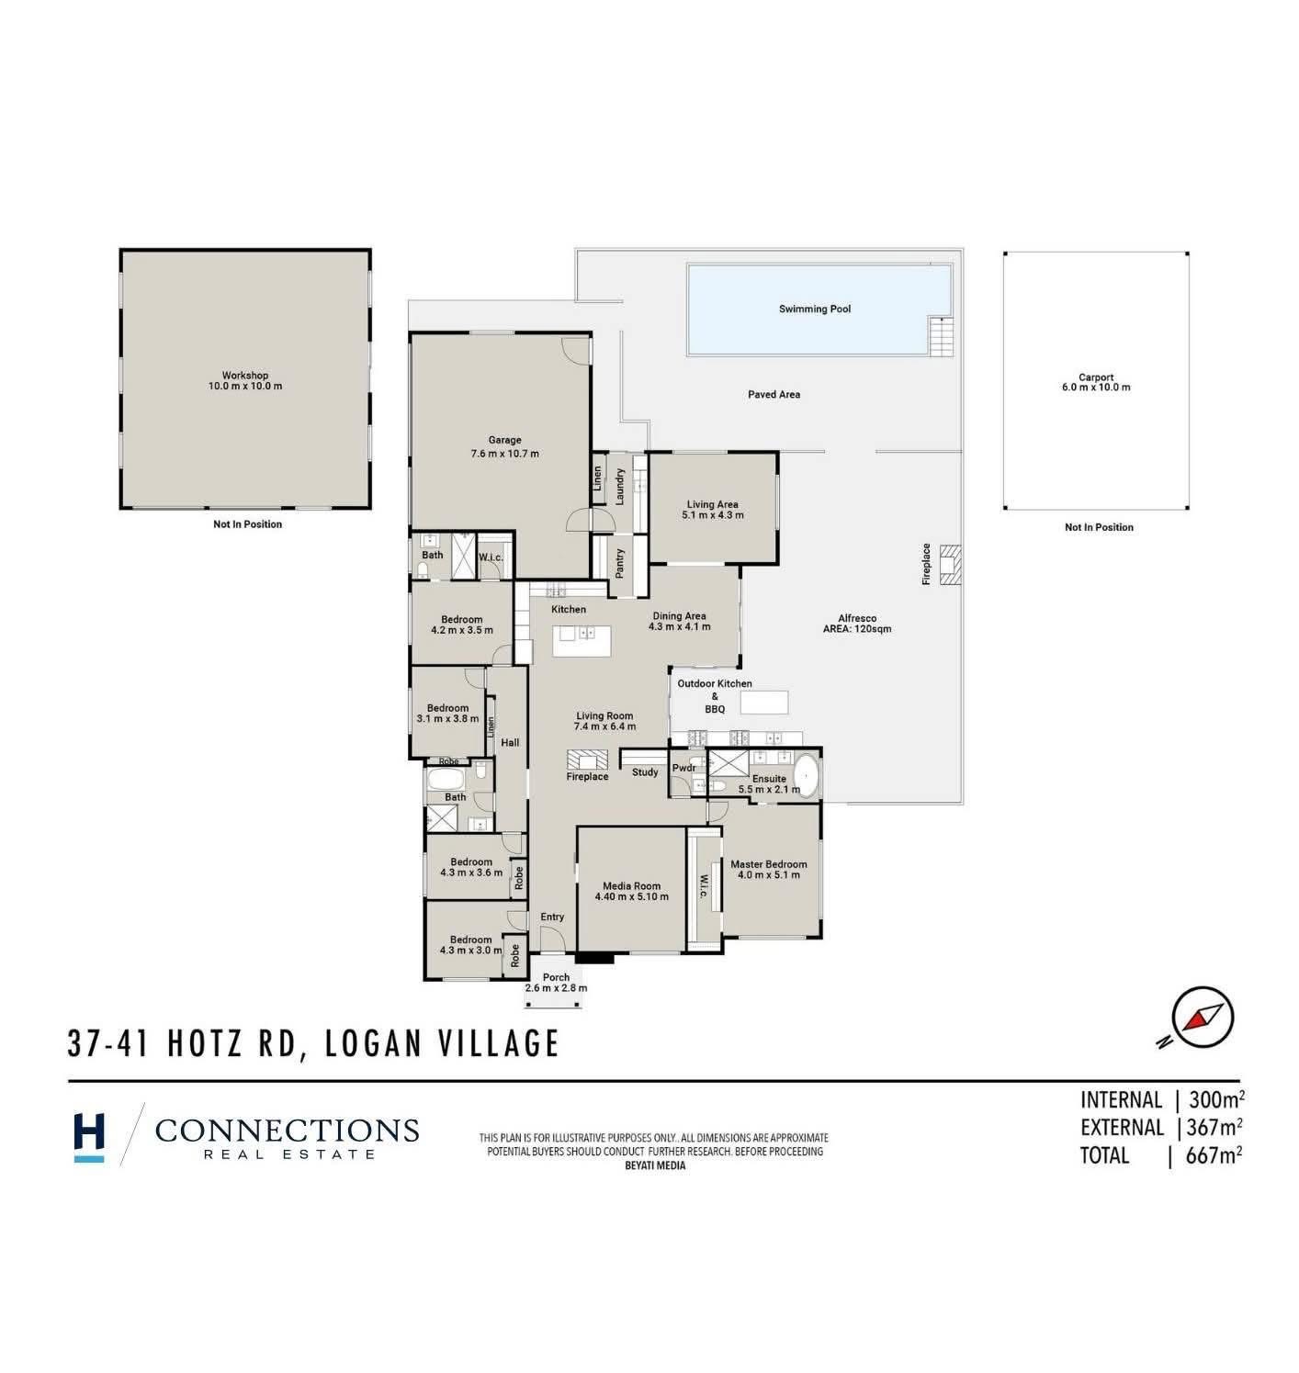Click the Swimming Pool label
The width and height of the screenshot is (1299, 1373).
pyautogui.click(x=815, y=309)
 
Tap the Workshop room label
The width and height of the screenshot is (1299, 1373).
pyautogui.click(x=245, y=375)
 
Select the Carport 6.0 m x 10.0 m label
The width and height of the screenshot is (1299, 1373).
pyautogui.click(x=1096, y=382)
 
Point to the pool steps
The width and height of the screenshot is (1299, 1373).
pyautogui.click(x=941, y=337)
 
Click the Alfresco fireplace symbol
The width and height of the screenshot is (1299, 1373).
pyautogui.click(x=950, y=564)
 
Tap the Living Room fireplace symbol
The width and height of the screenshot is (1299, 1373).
pyautogui.click(x=587, y=760)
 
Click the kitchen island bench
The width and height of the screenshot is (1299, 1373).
pyautogui.click(x=582, y=641)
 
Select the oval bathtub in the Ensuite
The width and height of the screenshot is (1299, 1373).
pyautogui.click(x=807, y=775)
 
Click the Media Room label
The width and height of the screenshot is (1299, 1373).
pyautogui.click(x=632, y=886)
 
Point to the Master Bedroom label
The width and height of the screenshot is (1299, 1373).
pyautogui.click(x=769, y=864)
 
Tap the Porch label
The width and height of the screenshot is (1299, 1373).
pyautogui.click(x=556, y=977)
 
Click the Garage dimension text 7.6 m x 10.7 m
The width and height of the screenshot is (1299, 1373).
pyautogui.click(x=504, y=454)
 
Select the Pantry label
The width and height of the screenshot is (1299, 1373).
pyautogui.click(x=620, y=563)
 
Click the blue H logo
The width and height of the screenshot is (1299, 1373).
pyautogui.click(x=89, y=1138)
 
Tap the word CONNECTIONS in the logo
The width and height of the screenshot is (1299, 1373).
pyautogui.click(x=287, y=1130)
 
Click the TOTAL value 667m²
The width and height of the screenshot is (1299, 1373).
pyautogui.click(x=1214, y=1156)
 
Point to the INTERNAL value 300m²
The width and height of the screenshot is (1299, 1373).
pyautogui.click(x=1216, y=1100)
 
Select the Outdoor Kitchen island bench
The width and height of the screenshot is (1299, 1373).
pyautogui.click(x=764, y=703)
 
